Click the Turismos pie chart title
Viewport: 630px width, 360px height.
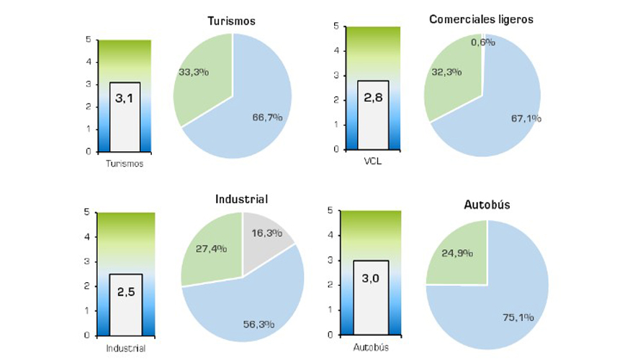coord(231,21)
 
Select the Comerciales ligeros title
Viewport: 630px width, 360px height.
coord(481,19)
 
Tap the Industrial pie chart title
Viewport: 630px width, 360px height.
coord(241,199)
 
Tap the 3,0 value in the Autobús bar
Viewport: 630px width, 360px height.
coord(371,276)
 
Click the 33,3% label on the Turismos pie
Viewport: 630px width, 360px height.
coord(194,71)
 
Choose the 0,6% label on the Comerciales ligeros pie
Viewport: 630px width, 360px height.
coord(483,42)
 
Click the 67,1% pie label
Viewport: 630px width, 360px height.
coord(507,117)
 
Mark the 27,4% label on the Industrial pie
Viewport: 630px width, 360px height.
coord(211,248)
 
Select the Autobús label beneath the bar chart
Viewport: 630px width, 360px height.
coord(372,348)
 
